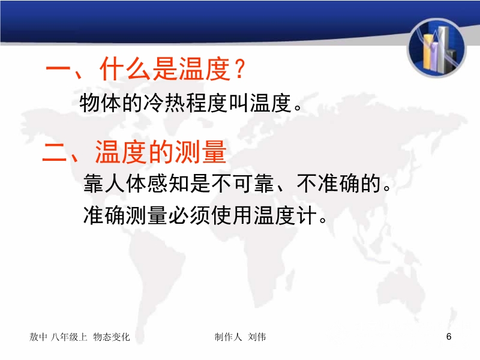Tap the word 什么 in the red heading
pos(125,68)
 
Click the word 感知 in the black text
pos(168,183)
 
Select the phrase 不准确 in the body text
pos(328,183)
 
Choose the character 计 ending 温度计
pos(307,215)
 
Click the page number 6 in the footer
pos(449,337)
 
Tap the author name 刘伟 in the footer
pos(257,337)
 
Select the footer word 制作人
pos(228,337)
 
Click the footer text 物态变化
pos(112,337)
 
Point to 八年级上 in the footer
pos(69,337)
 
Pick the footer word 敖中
pos(38,337)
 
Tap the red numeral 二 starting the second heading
pos(55,152)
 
